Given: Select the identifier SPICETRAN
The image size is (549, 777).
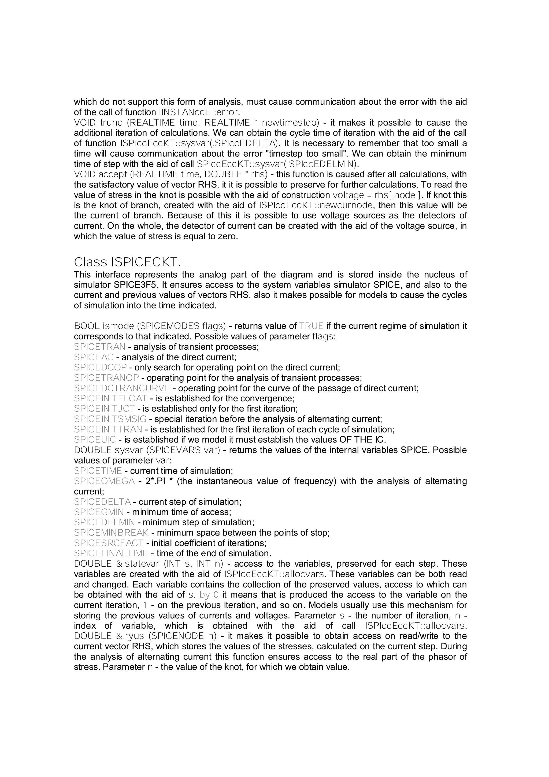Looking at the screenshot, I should click(x=99, y=347).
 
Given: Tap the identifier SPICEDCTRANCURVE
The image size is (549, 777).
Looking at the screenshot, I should click(x=122, y=388).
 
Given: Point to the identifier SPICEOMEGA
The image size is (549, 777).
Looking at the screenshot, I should click(x=104, y=481).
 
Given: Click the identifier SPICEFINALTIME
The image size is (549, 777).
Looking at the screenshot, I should click(x=111, y=553).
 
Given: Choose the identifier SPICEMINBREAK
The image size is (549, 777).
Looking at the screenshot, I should click(x=111, y=533).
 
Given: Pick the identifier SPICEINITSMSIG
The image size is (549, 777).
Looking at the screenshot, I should click(x=110, y=419).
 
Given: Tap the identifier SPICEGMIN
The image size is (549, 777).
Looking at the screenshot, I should click(x=99, y=512).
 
